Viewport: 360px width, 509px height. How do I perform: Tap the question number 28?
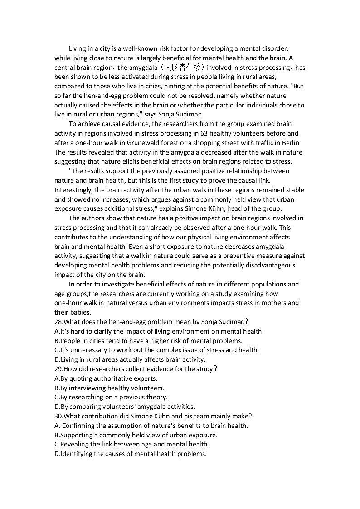[59, 322]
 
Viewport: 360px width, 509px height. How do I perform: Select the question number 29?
[59, 369]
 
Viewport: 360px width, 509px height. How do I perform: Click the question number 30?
[59, 416]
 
